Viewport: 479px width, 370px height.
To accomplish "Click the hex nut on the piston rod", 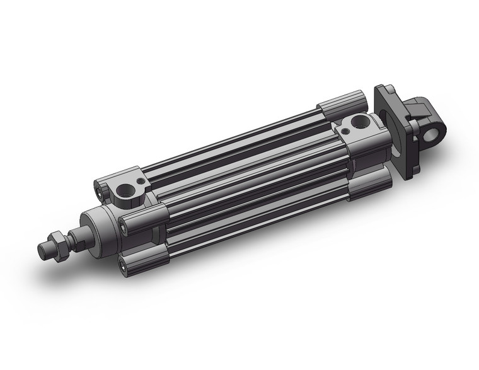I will pyautogui.click(x=59, y=246).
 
